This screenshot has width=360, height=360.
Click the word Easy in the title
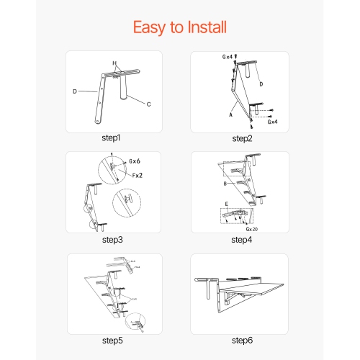tap(150, 27)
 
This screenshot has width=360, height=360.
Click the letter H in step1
tap(114, 63)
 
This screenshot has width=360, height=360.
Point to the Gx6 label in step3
tap(134, 163)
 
